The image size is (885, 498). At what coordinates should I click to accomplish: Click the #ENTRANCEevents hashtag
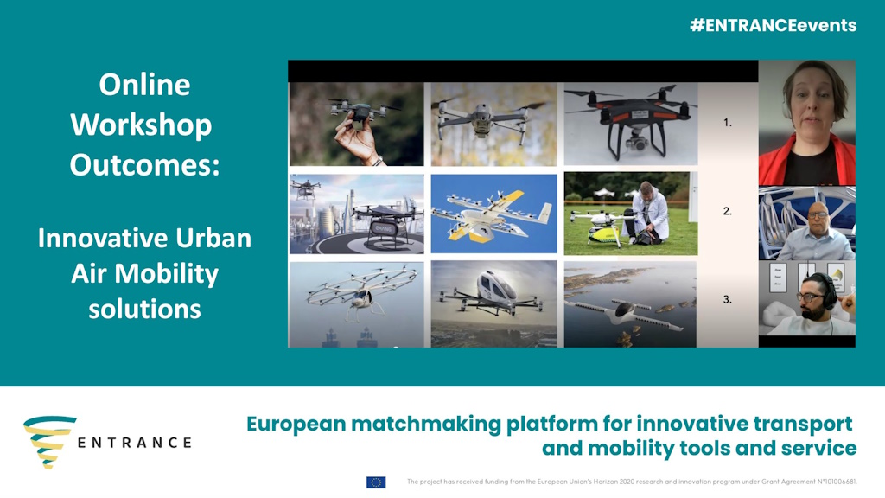click(x=774, y=25)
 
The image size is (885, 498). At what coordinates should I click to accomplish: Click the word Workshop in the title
click(x=141, y=124)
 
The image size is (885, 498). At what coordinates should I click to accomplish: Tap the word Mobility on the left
click(x=166, y=274)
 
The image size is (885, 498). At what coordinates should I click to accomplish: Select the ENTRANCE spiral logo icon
click(x=49, y=442)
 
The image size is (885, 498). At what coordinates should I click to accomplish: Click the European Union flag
click(x=376, y=482)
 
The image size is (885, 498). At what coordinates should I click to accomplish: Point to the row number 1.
click(x=728, y=123)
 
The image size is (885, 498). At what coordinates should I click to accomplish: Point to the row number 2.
click(x=728, y=211)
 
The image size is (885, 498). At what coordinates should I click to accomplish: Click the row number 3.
click(x=728, y=300)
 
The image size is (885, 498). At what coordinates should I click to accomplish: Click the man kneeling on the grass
click(x=648, y=214)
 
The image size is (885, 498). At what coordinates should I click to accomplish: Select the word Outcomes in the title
click(x=144, y=165)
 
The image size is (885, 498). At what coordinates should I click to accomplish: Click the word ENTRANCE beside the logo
click(x=134, y=443)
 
